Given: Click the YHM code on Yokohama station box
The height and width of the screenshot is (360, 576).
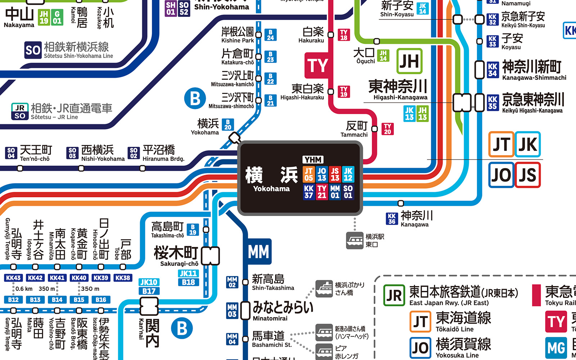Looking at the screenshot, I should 313,159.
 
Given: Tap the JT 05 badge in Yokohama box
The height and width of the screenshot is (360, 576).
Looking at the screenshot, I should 309,174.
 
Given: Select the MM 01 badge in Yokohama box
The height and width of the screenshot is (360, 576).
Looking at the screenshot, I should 335,192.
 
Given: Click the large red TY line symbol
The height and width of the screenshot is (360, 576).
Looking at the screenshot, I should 317,66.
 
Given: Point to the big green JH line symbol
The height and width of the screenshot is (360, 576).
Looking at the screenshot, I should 409,61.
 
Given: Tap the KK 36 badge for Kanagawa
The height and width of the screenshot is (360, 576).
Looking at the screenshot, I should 392,219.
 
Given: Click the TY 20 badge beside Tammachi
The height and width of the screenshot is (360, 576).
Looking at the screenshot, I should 387,129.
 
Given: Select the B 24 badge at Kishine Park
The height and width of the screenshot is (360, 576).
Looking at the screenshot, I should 270,35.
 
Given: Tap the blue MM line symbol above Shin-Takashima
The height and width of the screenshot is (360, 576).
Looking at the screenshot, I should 258,252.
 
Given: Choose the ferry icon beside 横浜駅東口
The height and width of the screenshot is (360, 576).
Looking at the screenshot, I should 355,240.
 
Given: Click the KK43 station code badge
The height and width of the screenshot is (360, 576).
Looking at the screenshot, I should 13,278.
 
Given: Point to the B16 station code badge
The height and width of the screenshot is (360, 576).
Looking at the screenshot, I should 101,300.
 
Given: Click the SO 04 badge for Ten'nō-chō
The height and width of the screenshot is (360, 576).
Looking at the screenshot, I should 11,153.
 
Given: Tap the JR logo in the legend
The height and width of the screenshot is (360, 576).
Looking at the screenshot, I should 394,296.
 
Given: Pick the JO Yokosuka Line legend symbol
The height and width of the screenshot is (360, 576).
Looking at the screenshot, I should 420,348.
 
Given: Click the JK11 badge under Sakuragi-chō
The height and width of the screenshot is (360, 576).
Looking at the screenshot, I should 188,274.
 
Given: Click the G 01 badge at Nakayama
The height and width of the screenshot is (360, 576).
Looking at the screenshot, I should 57,17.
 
